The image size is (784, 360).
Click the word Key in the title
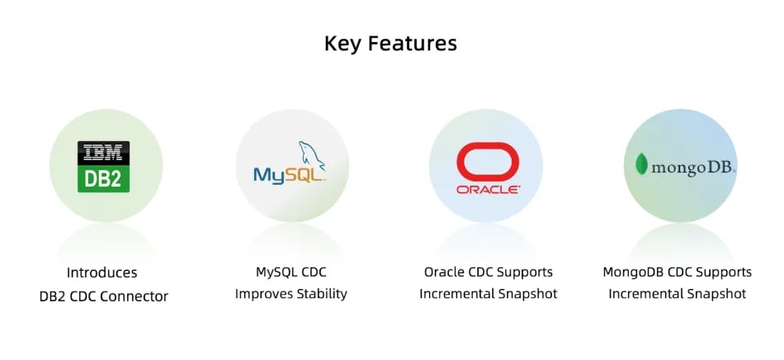click(343, 44)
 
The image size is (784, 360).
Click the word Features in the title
click(413, 43)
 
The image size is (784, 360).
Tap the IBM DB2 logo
click(103, 167)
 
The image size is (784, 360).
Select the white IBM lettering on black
click(103, 153)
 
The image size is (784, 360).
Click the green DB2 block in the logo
click(103, 179)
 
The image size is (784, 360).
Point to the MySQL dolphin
click(311, 156)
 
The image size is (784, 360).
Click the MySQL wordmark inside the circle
click(290, 175)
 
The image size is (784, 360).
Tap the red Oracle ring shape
click(488, 162)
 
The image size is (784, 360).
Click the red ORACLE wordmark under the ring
click(488, 190)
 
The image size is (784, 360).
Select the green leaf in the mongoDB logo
click(641, 164)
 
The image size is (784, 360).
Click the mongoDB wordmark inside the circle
click(693, 168)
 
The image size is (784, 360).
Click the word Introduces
click(102, 273)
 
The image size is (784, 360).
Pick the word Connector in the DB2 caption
click(134, 296)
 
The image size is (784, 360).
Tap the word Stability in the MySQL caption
click(322, 294)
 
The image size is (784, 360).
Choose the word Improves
click(264, 295)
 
